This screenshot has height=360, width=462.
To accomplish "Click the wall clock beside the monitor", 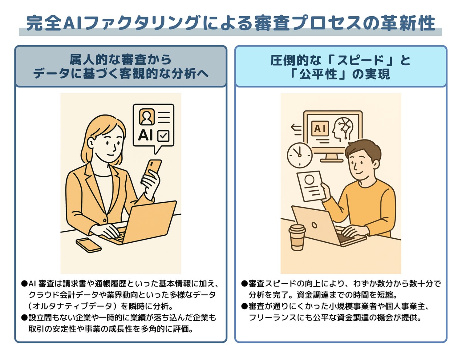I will (x=299, y=155).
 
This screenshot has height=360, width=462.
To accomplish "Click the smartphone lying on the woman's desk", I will (x=88, y=245).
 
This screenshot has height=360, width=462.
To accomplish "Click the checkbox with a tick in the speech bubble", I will (x=163, y=136).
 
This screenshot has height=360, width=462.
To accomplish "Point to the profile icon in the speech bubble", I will (x=147, y=117).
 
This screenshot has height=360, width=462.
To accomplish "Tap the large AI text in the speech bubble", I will (x=145, y=135).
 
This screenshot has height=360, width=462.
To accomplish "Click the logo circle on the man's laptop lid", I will (x=314, y=225).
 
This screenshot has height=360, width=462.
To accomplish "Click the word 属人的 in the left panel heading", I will (x=88, y=60).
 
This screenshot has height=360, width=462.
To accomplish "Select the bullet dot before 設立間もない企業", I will (x=24, y=318).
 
